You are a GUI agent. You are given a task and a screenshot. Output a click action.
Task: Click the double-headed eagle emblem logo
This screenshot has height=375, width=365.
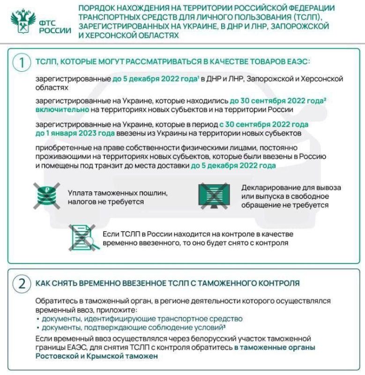(22, 21)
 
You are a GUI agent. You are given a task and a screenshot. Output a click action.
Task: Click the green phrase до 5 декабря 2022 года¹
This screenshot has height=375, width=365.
(156, 78)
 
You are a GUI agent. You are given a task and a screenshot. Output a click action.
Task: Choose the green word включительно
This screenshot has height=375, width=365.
(61, 110)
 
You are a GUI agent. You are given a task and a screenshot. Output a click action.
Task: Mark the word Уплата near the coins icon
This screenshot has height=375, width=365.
(81, 193)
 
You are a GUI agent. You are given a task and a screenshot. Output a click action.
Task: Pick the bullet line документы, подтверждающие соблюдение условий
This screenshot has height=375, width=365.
(133, 327)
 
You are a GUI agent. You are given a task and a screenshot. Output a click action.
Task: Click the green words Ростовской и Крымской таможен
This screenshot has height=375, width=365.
(96, 356)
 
